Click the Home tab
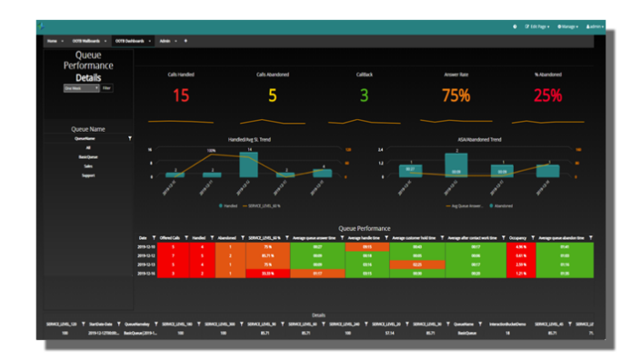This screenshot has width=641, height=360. (x=52, y=41)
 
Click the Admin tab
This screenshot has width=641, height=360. (x=165, y=41)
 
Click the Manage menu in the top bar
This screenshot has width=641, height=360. (x=567, y=26)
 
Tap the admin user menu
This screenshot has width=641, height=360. (x=595, y=26)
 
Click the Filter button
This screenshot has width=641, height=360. (x=106, y=88)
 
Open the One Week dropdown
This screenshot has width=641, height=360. (x=80, y=88)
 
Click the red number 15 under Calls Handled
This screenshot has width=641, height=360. (x=181, y=95)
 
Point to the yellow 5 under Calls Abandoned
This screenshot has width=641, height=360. (x=272, y=95)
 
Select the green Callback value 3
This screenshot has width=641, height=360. (x=364, y=95)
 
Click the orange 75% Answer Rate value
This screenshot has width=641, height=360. (x=456, y=95)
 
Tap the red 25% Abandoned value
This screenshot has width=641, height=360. (x=547, y=95)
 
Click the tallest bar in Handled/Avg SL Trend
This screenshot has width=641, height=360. (x=247, y=165)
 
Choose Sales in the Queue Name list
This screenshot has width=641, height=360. (x=88, y=165)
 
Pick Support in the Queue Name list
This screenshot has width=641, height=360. (x=88, y=175)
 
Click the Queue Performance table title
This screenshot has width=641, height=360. (x=364, y=228)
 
